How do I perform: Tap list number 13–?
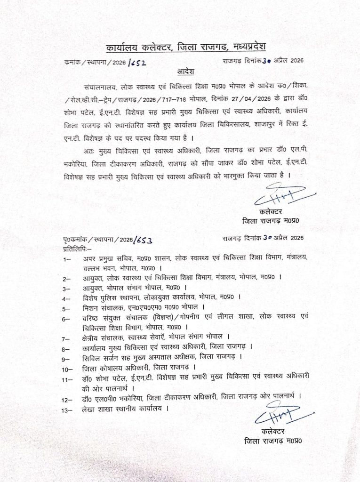pyautogui.click(x=66, y=409)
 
